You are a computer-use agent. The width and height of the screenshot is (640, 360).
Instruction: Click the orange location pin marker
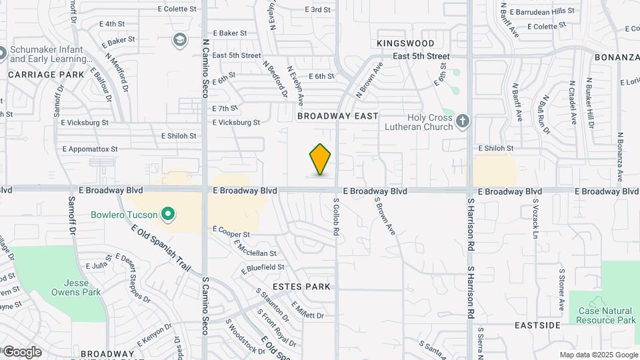[x=320, y=159]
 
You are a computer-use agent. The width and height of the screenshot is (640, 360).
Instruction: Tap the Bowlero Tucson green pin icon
[x=169, y=215]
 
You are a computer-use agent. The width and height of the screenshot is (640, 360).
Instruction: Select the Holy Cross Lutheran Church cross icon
[x=463, y=121]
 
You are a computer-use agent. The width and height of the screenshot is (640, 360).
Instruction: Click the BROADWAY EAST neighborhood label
[x=338, y=116]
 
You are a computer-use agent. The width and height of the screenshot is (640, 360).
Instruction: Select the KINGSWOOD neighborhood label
[x=405, y=43]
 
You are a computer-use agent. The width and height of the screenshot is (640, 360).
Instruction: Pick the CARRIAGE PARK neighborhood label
[x=47, y=75]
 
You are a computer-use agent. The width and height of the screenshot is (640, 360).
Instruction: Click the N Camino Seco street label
[x=205, y=67]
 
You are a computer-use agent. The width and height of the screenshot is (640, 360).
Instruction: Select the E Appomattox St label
[x=89, y=149]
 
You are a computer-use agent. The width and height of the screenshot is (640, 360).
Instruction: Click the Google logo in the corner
[x=22, y=352]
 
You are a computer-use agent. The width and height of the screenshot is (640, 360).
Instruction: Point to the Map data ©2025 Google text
[x=598, y=355]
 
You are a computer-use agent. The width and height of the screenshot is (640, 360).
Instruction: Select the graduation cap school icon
[x=179, y=41]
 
